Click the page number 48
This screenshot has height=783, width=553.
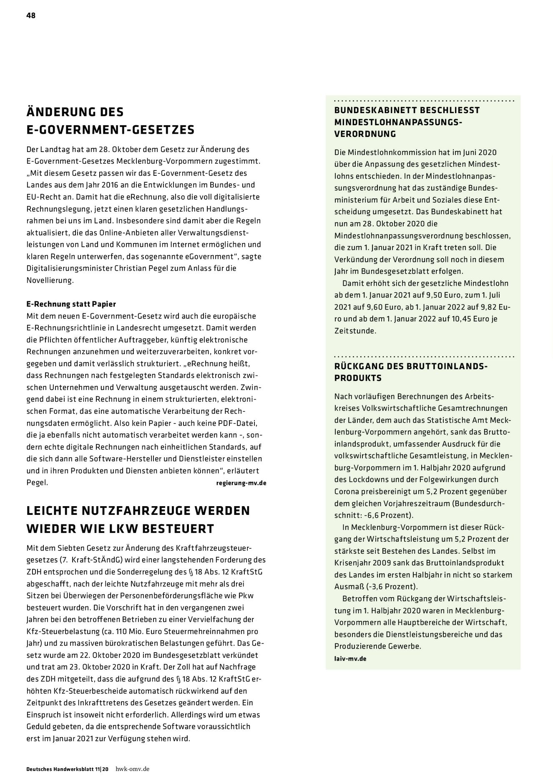(31, 15)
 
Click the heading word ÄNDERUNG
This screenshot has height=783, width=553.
(62, 112)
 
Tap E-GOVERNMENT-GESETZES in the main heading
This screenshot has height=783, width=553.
(111, 130)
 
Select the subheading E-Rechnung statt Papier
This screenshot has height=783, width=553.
(71, 304)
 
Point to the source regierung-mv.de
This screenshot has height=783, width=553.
(241, 483)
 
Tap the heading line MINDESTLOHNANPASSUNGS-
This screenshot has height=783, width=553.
(398, 122)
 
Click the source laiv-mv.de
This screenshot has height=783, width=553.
(350, 659)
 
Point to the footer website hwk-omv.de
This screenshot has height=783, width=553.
(132, 769)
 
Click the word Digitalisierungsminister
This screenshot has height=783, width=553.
(69, 268)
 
